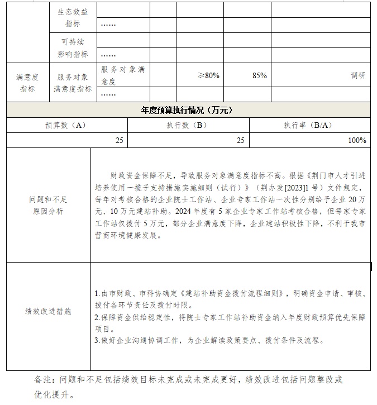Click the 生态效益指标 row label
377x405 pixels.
pos(73,17)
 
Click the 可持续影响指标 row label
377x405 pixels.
pos(73,48)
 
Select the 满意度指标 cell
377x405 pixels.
pos(27,83)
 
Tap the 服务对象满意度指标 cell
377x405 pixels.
pos(73,83)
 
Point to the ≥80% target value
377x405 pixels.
pos(208,75)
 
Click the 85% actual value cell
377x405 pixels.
pos(260,75)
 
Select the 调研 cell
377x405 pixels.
pos(358,75)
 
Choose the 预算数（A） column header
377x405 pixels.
pos(66,126)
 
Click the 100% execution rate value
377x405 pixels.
pos(357,141)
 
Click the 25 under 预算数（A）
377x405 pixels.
pos(120,141)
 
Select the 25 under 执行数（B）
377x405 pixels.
pos(241,141)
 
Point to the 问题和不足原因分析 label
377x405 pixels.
pos(48,205)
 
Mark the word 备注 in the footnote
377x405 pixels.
pos(43,380)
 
